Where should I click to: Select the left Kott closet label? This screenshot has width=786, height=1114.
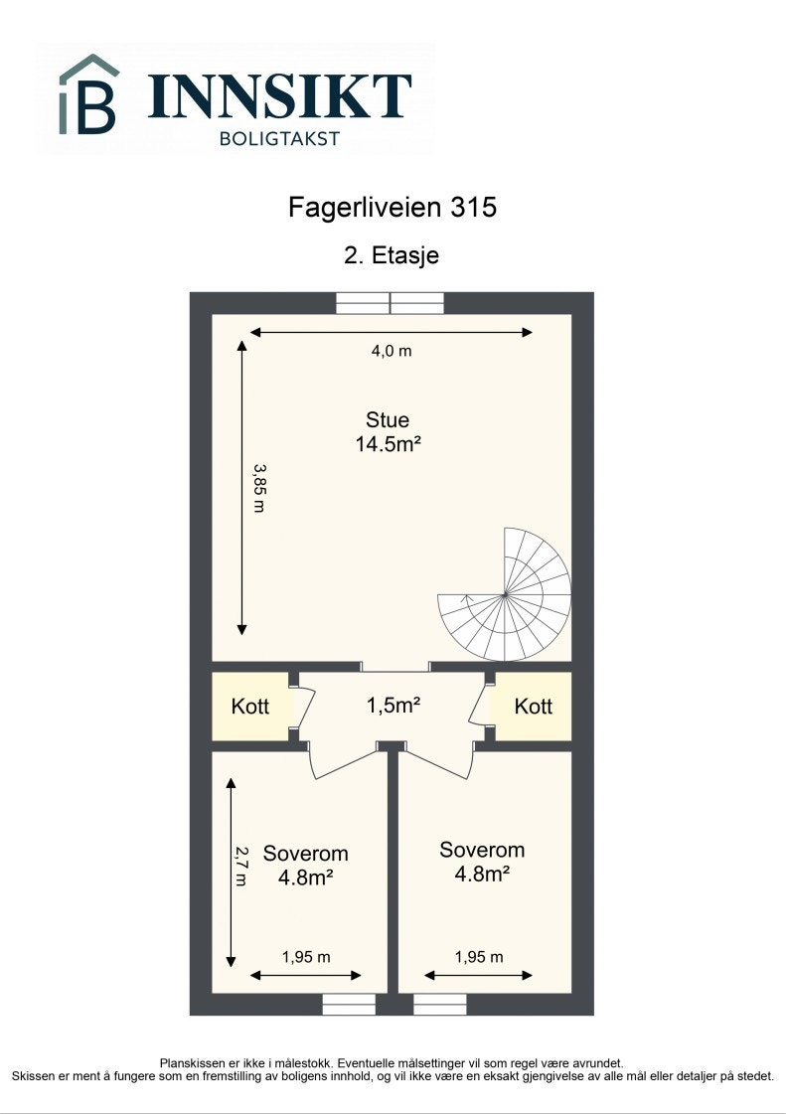[x=250, y=707]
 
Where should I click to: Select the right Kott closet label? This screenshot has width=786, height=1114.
[x=534, y=707]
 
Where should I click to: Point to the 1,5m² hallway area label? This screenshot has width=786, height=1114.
[x=393, y=706]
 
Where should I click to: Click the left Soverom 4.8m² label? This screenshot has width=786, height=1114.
[x=305, y=865]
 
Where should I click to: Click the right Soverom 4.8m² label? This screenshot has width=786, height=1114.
[x=482, y=862]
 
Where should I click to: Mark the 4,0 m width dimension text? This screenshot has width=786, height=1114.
[x=392, y=350]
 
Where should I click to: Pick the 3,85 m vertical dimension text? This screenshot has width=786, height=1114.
[x=259, y=487]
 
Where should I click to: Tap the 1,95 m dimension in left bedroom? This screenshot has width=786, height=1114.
[x=306, y=957]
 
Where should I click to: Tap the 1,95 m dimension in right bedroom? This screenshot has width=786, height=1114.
[x=479, y=957]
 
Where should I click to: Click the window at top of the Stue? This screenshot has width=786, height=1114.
[x=390, y=303]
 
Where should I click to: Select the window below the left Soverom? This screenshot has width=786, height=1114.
[x=349, y=1005]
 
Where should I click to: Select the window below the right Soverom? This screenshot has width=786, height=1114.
[x=440, y=1005]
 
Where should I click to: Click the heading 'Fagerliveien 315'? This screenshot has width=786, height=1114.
[x=392, y=208]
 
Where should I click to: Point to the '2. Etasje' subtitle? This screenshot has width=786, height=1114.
[x=392, y=255]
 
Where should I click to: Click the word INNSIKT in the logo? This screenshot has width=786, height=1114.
[x=279, y=96]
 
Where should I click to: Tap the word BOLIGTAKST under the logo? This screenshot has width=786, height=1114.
[x=279, y=139]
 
